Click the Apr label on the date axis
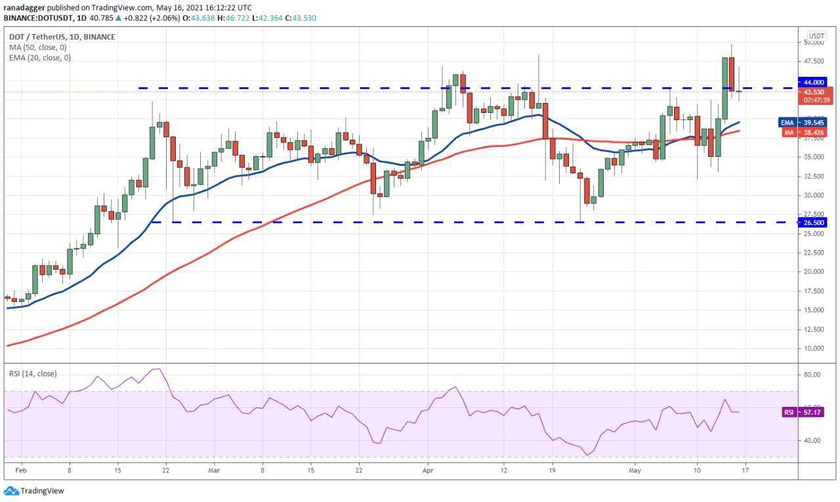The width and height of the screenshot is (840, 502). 427,471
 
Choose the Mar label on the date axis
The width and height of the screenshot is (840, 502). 215,471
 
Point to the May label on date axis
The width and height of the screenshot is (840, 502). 634,471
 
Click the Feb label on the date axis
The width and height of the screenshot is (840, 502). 20,471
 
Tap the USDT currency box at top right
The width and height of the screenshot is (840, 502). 816,36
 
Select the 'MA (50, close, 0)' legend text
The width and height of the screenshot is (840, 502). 37,47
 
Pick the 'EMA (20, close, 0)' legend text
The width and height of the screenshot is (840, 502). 39,58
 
